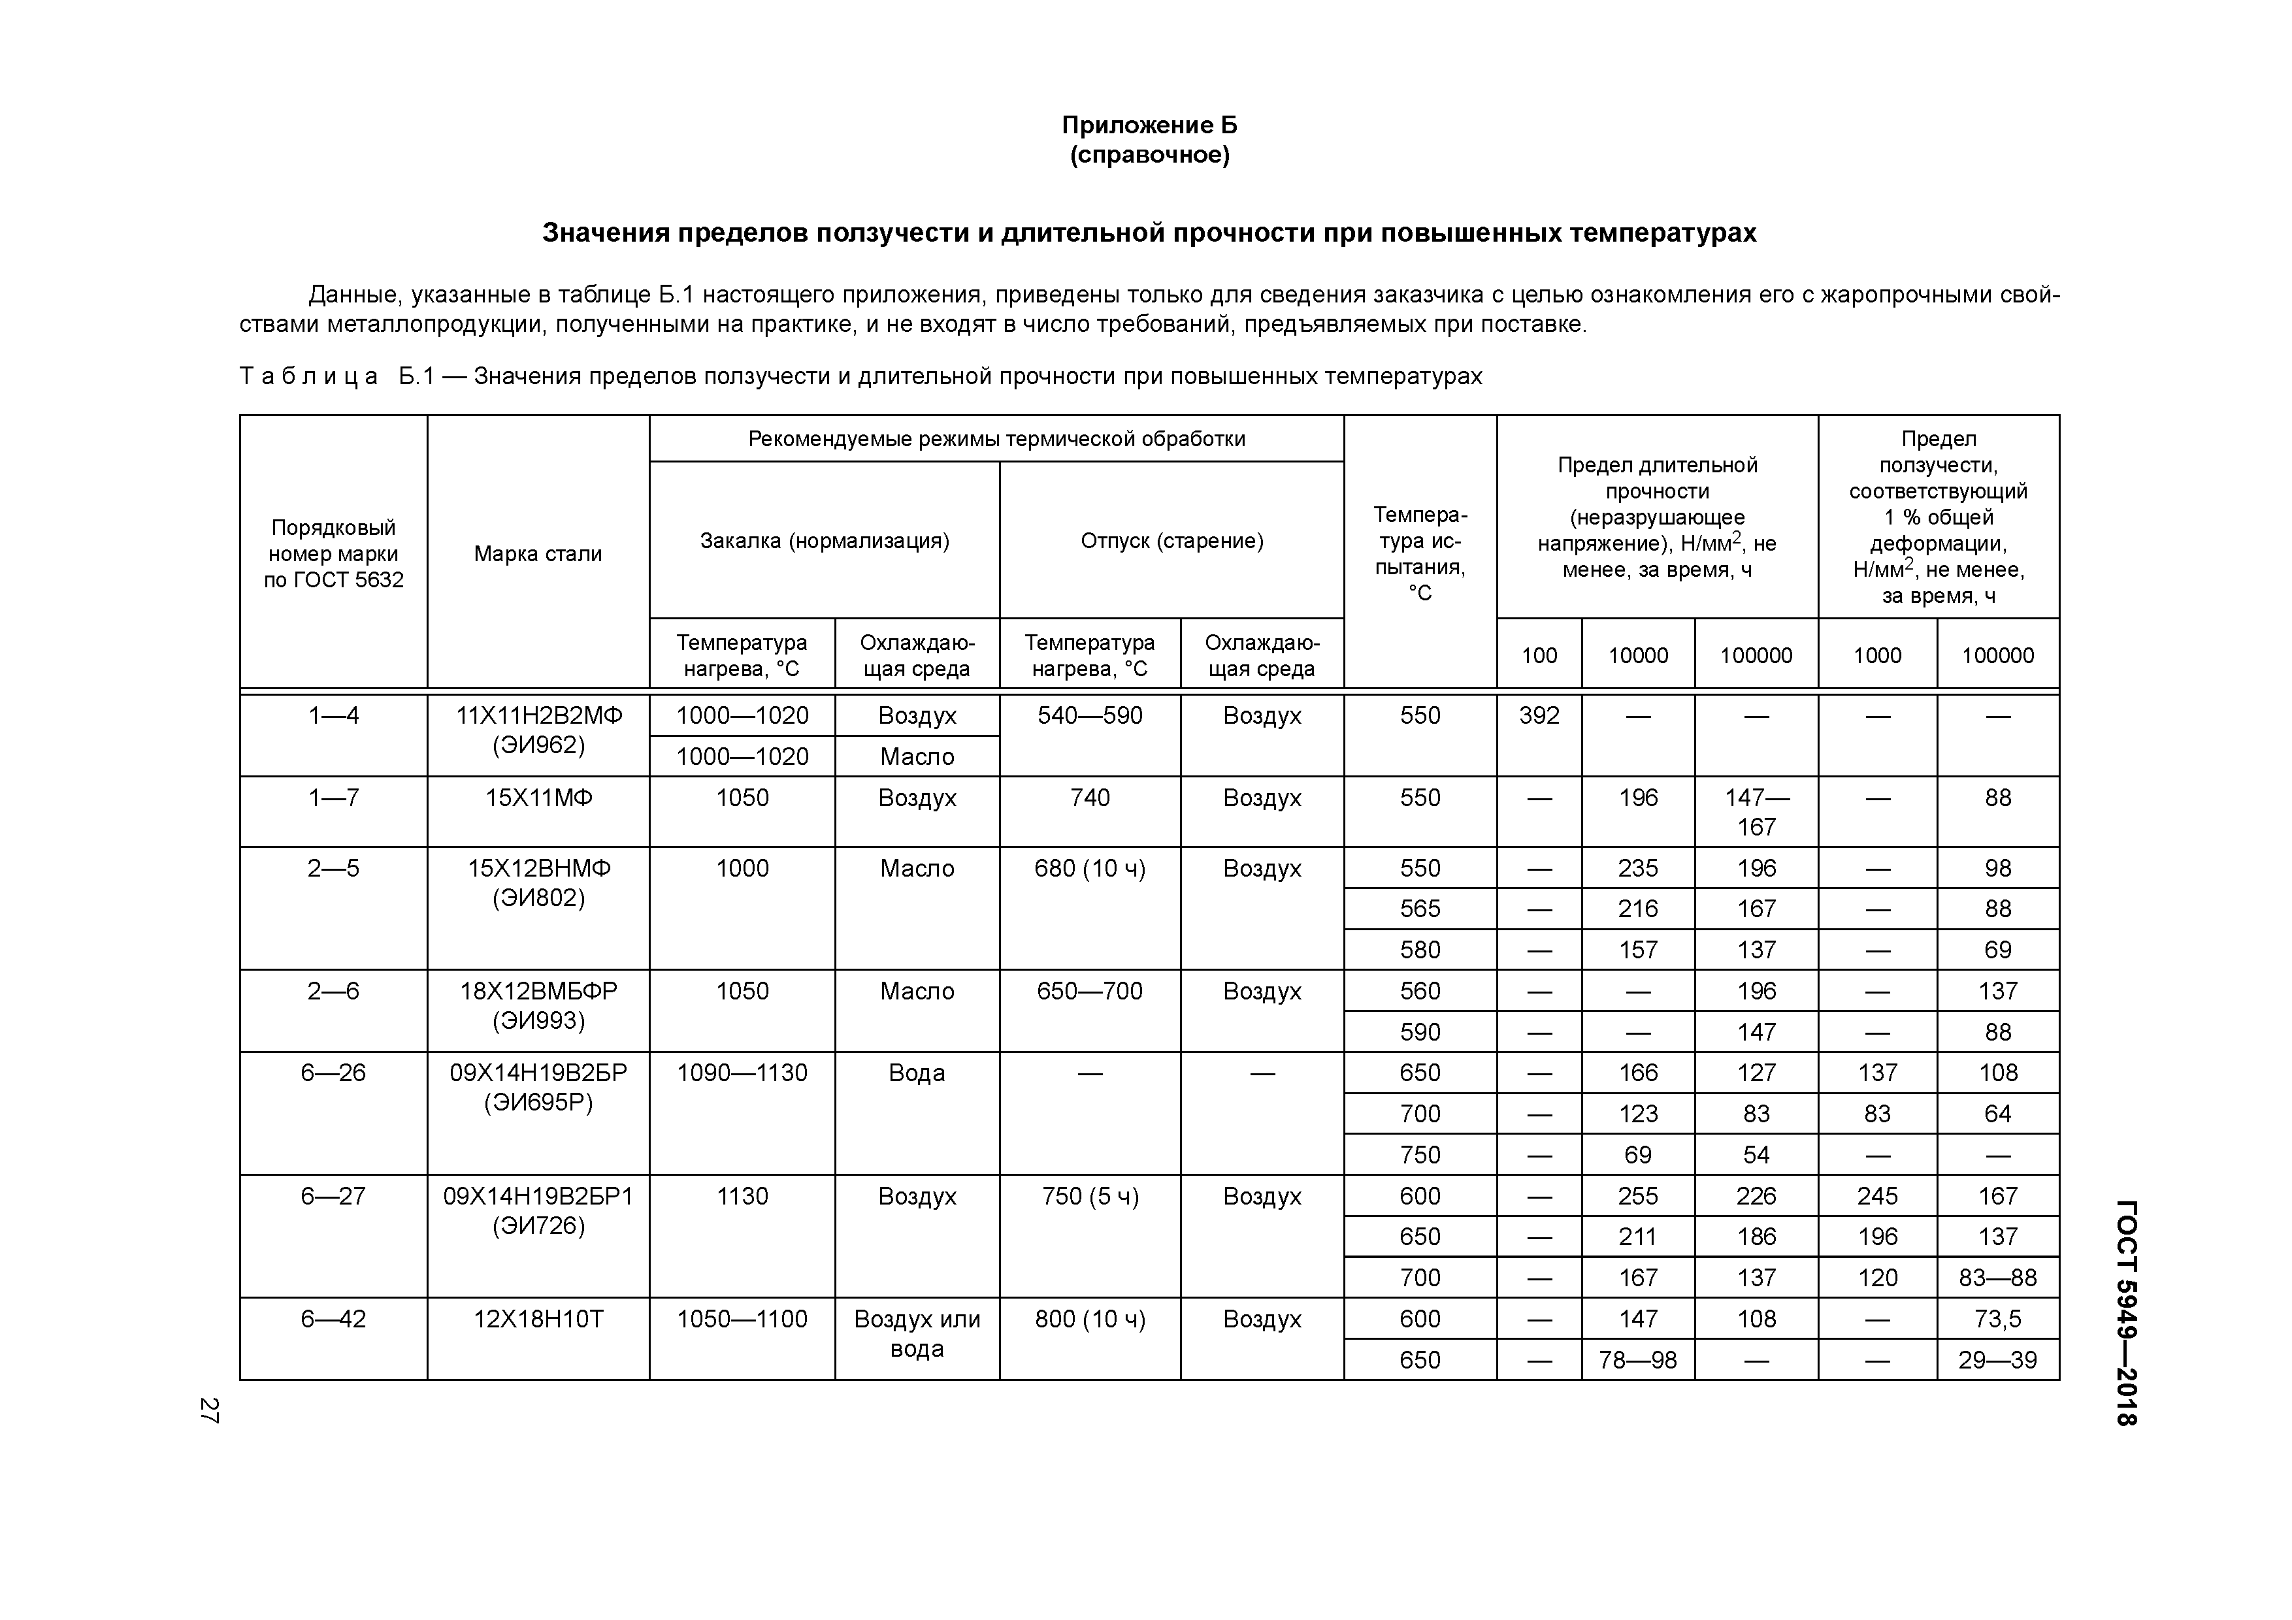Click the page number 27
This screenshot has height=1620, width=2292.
[208, 1410]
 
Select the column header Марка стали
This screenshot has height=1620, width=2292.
[538, 554]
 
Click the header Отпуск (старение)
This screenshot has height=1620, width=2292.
[1172, 541]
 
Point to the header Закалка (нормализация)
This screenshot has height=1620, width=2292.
[825, 541]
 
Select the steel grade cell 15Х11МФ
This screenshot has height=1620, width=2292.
[538, 798]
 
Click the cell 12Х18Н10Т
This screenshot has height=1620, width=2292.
[538, 1319]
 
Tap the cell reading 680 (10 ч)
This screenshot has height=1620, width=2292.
[1090, 868]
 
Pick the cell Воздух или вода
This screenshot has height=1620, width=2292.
[917, 1333]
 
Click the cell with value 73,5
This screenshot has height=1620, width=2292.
[1997, 1319]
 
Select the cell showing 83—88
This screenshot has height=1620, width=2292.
[1997, 1278]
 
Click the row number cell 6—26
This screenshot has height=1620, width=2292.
[333, 1073]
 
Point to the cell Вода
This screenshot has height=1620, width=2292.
[917, 1073]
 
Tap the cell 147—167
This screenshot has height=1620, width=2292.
[1756, 811]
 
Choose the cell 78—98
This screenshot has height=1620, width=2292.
[1637, 1359]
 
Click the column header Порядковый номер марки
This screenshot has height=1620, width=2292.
[333, 554]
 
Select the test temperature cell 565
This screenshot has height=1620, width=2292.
[1420, 909]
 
